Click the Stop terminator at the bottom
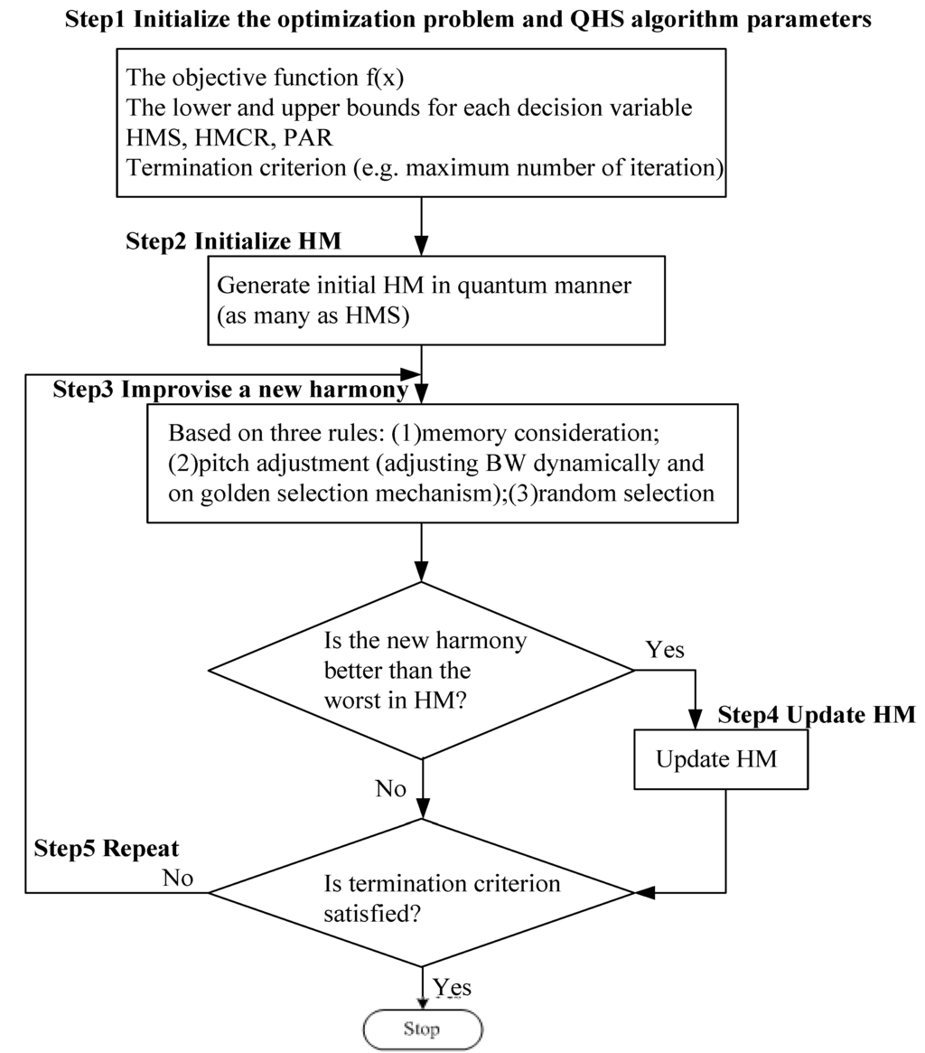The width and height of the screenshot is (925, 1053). (x=422, y=1029)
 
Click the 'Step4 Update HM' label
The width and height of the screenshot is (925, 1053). (x=817, y=715)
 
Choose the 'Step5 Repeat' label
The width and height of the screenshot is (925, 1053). (x=107, y=849)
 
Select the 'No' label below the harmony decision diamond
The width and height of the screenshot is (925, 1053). (x=390, y=788)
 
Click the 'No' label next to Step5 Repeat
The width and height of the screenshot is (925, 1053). (x=177, y=877)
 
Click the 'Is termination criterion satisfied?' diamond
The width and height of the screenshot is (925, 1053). (x=422, y=893)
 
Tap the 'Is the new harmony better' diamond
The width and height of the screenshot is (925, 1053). (x=422, y=670)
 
